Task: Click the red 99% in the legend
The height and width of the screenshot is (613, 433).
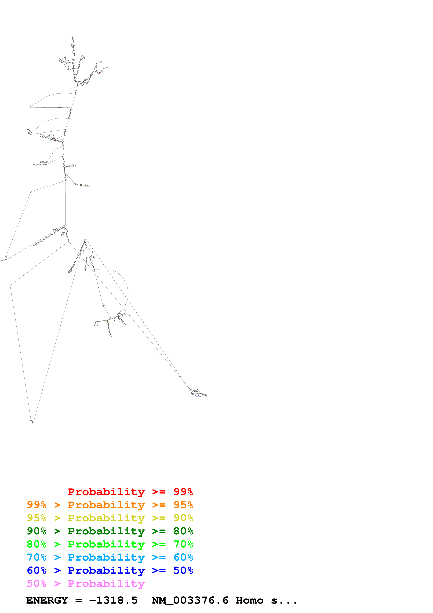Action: point(183,492)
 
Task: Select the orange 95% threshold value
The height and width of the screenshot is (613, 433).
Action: point(183,505)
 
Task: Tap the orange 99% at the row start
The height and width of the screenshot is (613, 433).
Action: point(37,505)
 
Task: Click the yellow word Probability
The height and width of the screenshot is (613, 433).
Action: point(106,518)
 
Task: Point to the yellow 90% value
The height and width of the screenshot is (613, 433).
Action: point(183,518)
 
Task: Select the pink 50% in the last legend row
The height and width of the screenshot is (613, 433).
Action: point(37,583)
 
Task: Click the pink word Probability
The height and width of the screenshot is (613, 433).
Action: point(106,583)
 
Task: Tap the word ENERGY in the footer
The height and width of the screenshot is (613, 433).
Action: point(47,600)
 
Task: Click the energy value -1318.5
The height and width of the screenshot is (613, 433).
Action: point(113,600)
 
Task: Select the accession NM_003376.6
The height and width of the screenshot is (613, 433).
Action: point(190,600)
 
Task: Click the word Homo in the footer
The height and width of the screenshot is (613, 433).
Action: point(249,600)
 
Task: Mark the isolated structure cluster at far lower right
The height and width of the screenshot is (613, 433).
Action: point(198,393)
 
